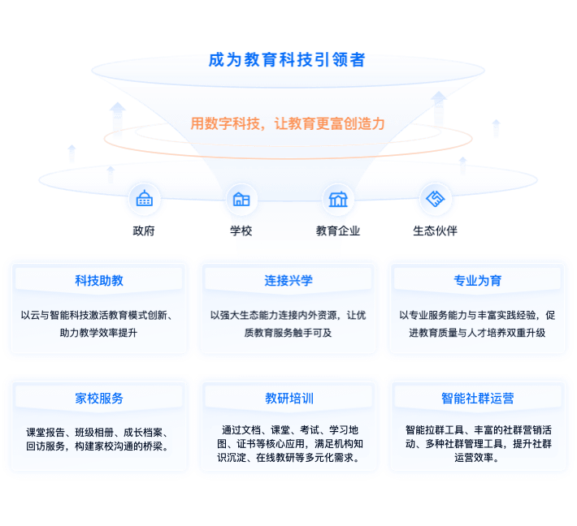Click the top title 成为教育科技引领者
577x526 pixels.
286,60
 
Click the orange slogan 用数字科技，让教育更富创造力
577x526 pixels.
287,124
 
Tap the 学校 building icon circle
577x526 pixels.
241,199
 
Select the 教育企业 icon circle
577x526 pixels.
338,199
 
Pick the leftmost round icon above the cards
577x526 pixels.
144,199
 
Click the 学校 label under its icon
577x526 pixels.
241,231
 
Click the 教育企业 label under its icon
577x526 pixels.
338,231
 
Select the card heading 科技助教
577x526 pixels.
99,281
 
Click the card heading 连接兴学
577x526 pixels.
288,281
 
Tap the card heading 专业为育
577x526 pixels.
477,281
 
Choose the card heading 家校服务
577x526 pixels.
99,399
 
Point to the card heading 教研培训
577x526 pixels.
288,399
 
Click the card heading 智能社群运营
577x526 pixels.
477,399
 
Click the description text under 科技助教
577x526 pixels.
98,324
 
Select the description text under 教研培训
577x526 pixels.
288,443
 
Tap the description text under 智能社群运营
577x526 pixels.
477,443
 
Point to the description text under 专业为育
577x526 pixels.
477,324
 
